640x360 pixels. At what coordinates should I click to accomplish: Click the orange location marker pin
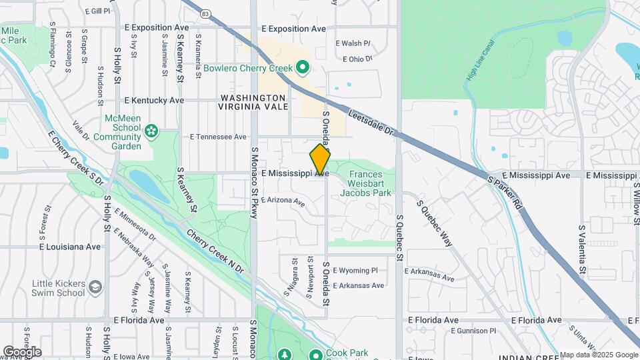pyautogui.click(x=320, y=159)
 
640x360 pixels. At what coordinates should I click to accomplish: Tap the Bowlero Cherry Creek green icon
pyautogui.click(x=302, y=67)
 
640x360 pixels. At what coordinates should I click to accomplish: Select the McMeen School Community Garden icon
pyautogui.click(x=151, y=131)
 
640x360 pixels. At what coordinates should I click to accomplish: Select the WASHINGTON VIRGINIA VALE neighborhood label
pyautogui.click(x=254, y=102)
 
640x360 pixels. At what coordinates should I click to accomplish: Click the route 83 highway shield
pyautogui.click(x=205, y=13)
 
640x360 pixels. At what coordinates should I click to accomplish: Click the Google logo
pyautogui.click(x=22, y=351)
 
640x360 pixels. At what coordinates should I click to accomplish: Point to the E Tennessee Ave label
pyautogui.click(x=218, y=137)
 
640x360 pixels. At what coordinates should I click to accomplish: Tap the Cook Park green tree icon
pyautogui.click(x=285, y=354)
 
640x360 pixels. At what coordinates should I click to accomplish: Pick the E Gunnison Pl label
pyautogui.click(x=473, y=330)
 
